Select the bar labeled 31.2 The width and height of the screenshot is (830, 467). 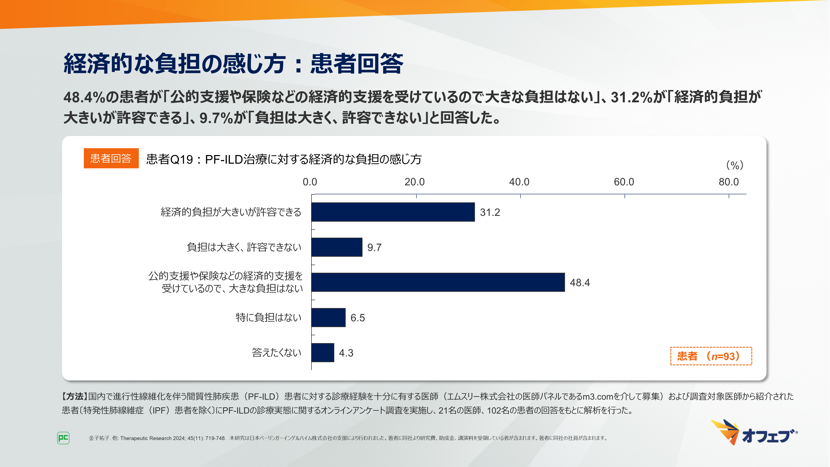393,212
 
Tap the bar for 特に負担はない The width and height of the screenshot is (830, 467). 328,318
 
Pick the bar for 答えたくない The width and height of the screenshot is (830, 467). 322,353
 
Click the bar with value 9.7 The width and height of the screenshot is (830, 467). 337,247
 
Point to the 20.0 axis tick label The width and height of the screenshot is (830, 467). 414,182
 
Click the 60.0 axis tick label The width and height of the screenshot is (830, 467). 624,182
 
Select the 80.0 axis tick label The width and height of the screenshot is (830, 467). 729,182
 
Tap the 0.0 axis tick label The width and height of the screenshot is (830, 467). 310,182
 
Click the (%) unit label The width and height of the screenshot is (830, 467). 735,165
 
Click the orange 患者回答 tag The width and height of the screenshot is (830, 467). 111,158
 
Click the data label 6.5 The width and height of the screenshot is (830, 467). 358,318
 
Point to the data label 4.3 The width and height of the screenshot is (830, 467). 346,353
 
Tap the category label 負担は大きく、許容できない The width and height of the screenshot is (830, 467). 244,247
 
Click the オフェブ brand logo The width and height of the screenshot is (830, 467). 754,433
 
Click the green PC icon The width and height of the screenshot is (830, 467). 63,438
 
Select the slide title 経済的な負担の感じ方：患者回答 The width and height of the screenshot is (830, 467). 233,64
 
